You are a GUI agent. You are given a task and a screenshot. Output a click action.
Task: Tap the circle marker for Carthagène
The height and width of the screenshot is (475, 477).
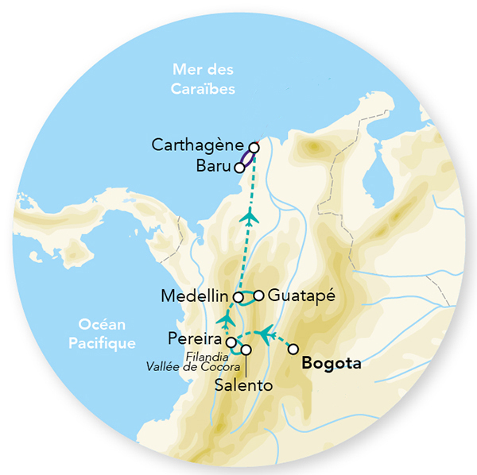254,147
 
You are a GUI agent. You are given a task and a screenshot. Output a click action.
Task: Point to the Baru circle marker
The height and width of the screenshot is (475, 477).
238,168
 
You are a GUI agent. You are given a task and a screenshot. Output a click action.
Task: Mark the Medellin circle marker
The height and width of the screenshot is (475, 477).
238,297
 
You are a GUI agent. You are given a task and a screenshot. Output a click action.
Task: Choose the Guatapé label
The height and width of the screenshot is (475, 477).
298,295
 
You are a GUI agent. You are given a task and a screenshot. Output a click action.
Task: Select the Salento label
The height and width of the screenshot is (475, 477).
244,385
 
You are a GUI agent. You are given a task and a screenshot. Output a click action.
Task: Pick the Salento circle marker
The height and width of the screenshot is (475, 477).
246,349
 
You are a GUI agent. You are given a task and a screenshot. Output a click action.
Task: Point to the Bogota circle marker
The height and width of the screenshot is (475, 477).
293,349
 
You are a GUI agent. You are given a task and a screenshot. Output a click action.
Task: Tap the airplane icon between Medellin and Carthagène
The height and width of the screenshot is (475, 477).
250,216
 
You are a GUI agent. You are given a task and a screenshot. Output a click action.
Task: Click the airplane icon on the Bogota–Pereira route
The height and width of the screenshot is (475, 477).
264,331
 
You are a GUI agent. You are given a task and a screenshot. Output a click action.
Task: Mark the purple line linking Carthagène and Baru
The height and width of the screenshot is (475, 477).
247,157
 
